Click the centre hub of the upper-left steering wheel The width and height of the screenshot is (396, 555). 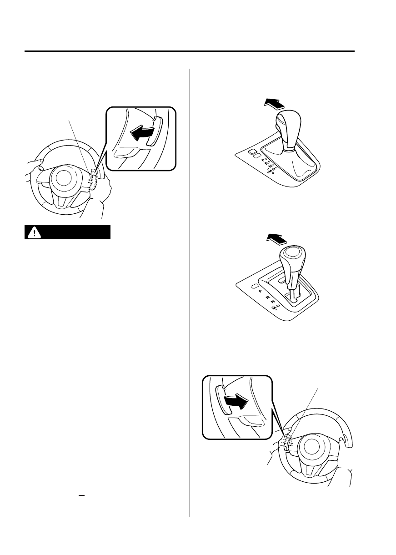(x=64, y=178)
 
